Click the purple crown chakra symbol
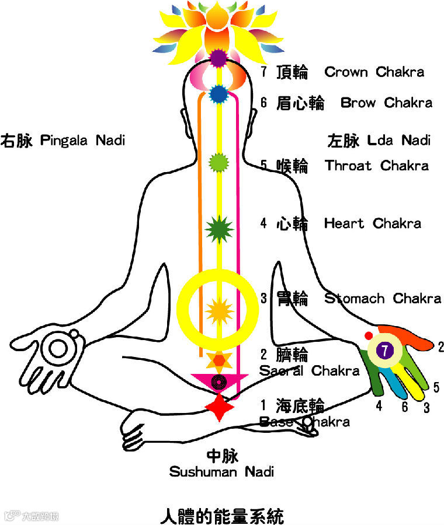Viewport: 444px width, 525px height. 218,58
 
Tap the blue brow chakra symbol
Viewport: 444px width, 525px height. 218,93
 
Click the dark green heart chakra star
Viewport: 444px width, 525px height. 218,229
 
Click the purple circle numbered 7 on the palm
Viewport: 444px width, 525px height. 384,351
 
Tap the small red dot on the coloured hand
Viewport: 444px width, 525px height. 368,335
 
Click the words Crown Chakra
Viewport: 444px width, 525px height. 374,72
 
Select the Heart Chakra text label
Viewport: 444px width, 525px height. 372,223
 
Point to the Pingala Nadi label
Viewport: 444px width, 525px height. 82,141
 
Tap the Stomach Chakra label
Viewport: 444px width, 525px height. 383,299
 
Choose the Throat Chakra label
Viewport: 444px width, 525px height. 377,166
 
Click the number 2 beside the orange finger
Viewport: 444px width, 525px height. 440,347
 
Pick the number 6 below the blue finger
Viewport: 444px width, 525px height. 404,407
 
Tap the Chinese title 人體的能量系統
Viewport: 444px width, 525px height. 222,516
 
